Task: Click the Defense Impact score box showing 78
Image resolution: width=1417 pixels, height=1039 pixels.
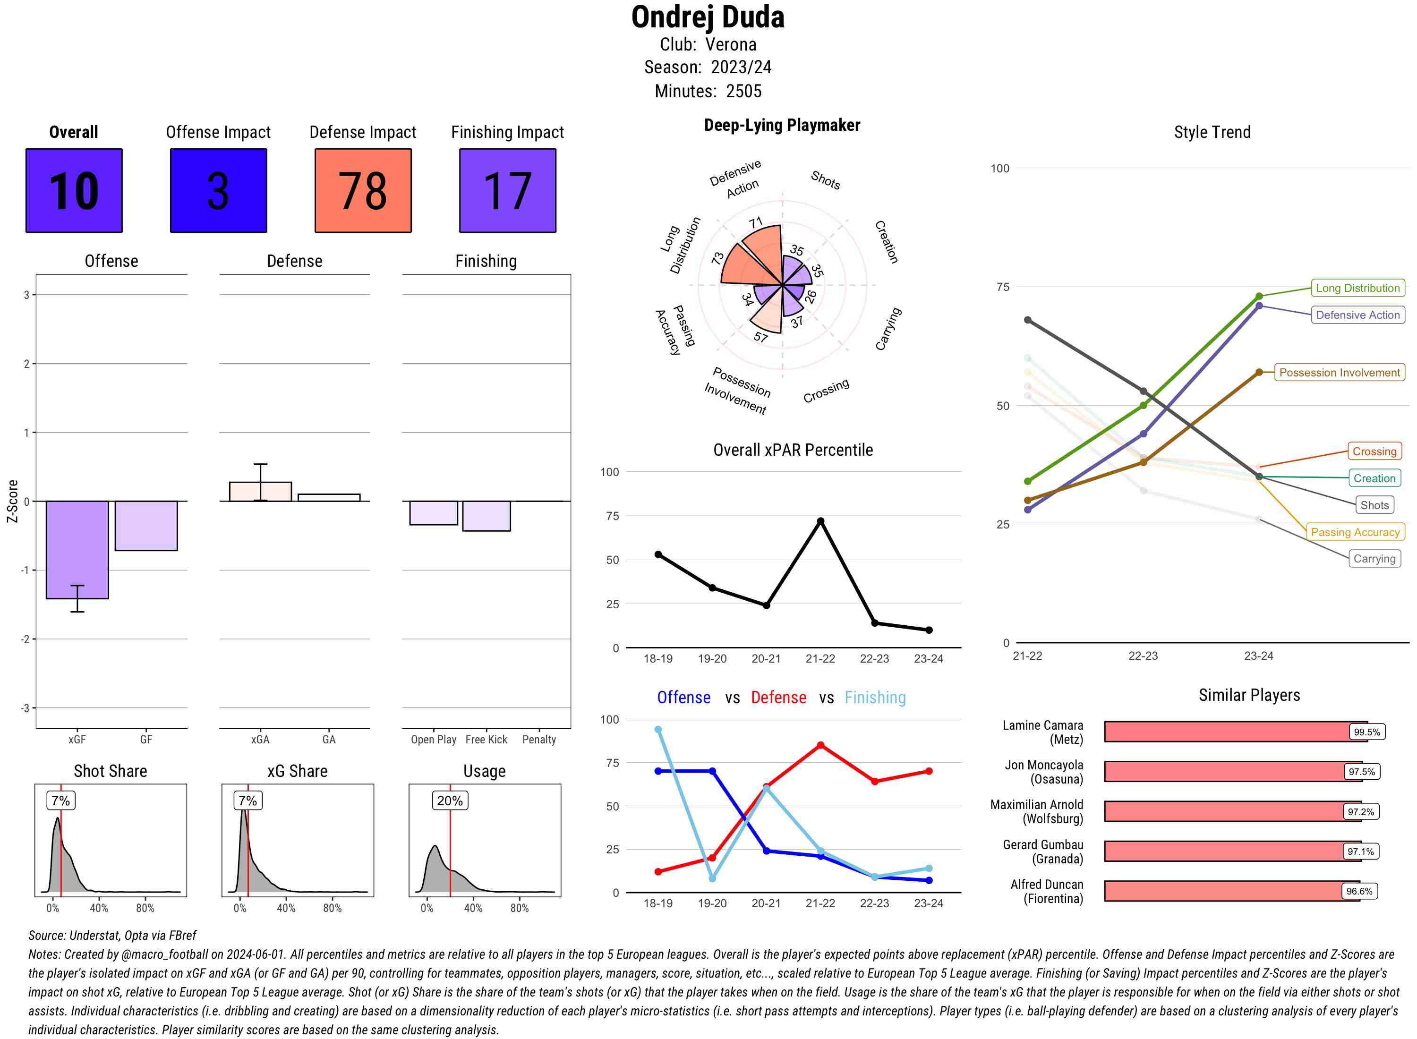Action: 363,191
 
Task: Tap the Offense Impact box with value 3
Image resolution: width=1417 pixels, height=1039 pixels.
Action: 218,191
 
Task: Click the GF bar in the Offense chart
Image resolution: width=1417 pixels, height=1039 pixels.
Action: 146,525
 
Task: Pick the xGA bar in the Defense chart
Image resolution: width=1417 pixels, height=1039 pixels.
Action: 260,491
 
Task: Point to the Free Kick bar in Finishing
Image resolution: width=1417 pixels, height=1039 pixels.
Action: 486,516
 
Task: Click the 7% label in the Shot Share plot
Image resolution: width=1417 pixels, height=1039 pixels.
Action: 60,801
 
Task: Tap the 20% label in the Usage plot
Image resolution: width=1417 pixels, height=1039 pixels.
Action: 450,801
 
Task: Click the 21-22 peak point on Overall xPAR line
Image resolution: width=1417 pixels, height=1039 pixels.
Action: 820,521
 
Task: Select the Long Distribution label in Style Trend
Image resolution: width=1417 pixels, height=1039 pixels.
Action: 1357,288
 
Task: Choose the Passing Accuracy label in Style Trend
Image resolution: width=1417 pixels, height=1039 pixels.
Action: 1355,532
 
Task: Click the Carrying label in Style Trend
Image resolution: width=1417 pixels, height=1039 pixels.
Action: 1374,559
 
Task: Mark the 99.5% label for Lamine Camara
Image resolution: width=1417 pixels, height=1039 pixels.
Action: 1366,732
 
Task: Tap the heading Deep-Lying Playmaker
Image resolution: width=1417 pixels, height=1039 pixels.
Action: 782,125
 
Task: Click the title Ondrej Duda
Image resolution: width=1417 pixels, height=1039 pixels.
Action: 708,17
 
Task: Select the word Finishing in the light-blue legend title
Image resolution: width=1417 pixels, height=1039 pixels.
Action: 875,698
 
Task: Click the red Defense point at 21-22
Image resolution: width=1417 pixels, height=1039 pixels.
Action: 820,745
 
